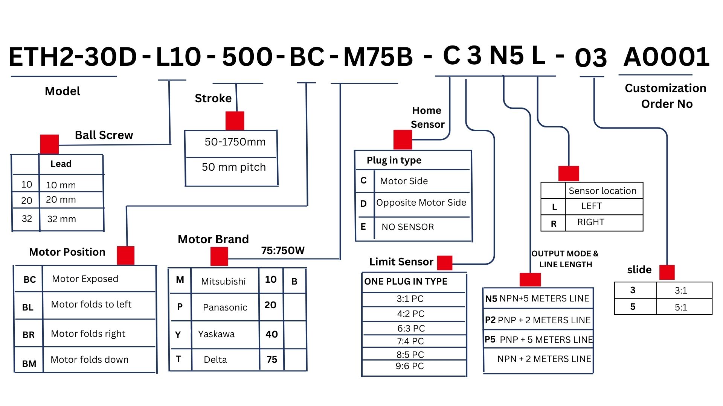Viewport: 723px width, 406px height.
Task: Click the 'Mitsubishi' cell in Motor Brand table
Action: click(223, 281)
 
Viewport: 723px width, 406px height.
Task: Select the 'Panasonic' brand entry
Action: click(225, 307)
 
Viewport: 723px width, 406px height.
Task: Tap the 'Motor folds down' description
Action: click(90, 359)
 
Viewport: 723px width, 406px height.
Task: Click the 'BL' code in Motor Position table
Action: click(28, 307)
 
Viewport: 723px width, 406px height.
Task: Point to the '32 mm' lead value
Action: click(62, 219)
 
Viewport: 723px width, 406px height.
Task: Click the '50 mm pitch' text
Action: click(233, 167)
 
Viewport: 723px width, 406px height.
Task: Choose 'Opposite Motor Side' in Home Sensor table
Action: click(421, 203)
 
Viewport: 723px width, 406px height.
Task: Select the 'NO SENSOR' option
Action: click(407, 227)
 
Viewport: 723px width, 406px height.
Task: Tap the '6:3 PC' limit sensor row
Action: click(411, 328)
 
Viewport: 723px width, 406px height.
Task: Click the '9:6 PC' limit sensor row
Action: click(410, 366)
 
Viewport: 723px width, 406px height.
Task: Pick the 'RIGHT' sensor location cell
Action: click(590, 222)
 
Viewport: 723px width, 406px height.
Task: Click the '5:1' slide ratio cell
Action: click(681, 307)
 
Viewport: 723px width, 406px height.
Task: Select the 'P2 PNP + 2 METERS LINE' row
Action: click(538, 320)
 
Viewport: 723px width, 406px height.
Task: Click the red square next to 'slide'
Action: click(667, 272)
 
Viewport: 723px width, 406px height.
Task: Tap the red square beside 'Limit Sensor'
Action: click(445, 263)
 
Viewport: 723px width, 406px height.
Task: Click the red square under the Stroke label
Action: click(235, 121)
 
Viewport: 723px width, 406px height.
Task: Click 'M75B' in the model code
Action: click(378, 57)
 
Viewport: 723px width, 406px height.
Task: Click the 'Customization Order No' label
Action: click(666, 96)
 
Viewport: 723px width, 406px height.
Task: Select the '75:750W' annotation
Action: click(283, 250)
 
